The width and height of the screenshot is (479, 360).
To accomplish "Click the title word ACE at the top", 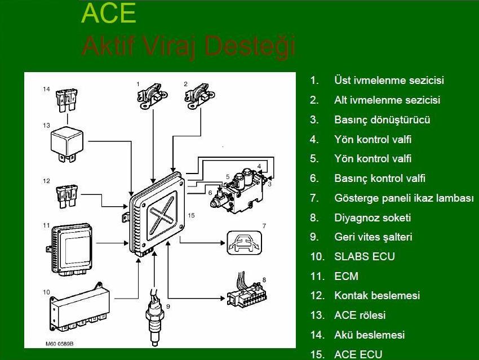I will tap(109, 14).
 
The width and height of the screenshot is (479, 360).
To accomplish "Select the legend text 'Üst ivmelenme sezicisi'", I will tap(389, 80).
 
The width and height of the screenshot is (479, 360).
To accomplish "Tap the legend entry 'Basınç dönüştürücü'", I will tap(382, 119).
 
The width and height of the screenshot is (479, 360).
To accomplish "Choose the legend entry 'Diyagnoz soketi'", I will tap(372, 217).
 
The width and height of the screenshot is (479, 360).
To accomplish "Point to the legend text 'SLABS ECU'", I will tap(365, 256).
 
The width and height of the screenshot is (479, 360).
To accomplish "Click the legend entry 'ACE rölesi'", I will tap(360, 315).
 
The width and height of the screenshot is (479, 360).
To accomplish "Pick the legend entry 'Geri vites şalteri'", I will tap(373, 237).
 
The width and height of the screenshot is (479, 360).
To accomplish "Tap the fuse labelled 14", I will tap(66, 101).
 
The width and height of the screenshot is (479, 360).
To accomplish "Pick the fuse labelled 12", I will tap(66, 195).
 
